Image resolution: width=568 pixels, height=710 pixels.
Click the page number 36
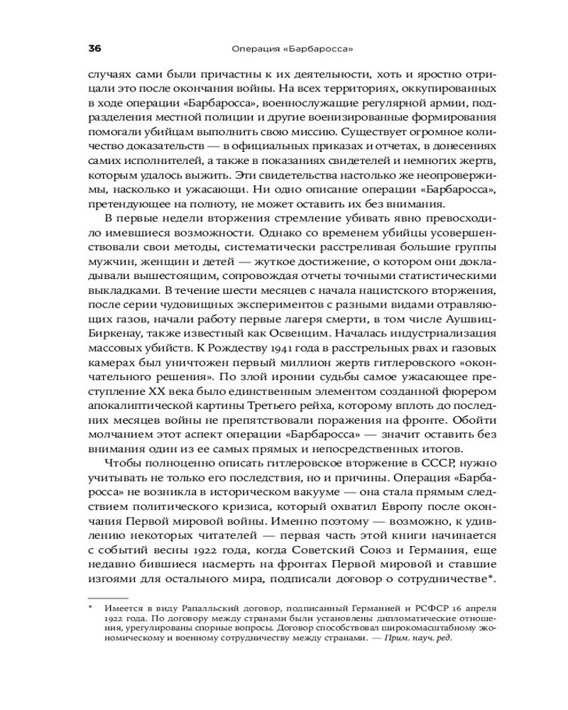tap(94, 49)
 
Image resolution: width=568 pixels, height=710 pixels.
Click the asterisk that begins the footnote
tap(90, 608)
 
